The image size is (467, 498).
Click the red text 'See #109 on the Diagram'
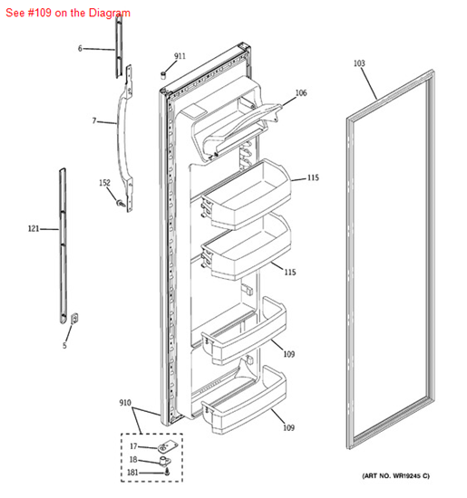[68, 13]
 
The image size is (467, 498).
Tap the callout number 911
[180, 56]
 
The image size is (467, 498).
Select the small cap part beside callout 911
[163, 76]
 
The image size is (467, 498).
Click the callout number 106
[301, 92]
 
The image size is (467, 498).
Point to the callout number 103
[359, 63]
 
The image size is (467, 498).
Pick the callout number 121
[34, 228]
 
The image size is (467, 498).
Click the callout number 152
[104, 183]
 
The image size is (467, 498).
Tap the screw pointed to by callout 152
[121, 203]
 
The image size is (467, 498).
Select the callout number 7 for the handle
[94, 120]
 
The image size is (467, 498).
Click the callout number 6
[80, 48]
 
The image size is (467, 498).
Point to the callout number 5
[64, 346]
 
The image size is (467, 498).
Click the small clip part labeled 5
[74, 319]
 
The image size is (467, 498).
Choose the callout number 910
[125, 403]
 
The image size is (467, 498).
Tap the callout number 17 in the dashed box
[133, 446]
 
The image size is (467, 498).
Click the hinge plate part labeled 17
[166, 446]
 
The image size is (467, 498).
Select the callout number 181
[132, 473]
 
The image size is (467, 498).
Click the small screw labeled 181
[168, 473]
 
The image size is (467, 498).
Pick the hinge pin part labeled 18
[164, 461]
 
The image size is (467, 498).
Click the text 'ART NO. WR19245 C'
[395, 475]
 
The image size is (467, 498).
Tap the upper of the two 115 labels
[313, 177]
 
